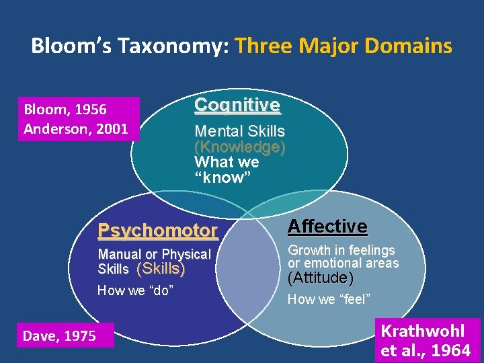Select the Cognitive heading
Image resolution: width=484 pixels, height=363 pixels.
[237, 105]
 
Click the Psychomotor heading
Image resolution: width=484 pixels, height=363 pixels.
[158, 231]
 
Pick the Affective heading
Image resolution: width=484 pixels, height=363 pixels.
[327, 227]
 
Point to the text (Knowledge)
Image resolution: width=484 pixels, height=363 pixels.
[239, 147]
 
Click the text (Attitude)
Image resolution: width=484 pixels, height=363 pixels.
[320, 278]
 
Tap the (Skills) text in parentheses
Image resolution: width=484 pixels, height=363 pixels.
[161, 269]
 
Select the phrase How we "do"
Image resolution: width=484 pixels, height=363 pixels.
[136, 290]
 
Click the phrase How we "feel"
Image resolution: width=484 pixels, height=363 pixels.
[329, 299]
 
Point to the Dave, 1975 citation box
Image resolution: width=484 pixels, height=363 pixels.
[60, 335]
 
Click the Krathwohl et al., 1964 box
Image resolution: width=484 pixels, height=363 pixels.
[426, 340]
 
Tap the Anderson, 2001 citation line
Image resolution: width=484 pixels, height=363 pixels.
[75, 128]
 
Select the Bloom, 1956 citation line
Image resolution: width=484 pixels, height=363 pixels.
[65, 109]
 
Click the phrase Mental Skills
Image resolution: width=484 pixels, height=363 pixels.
[239, 131]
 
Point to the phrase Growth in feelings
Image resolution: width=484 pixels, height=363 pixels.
[341, 250]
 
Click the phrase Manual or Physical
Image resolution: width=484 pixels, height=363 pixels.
[154, 254]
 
